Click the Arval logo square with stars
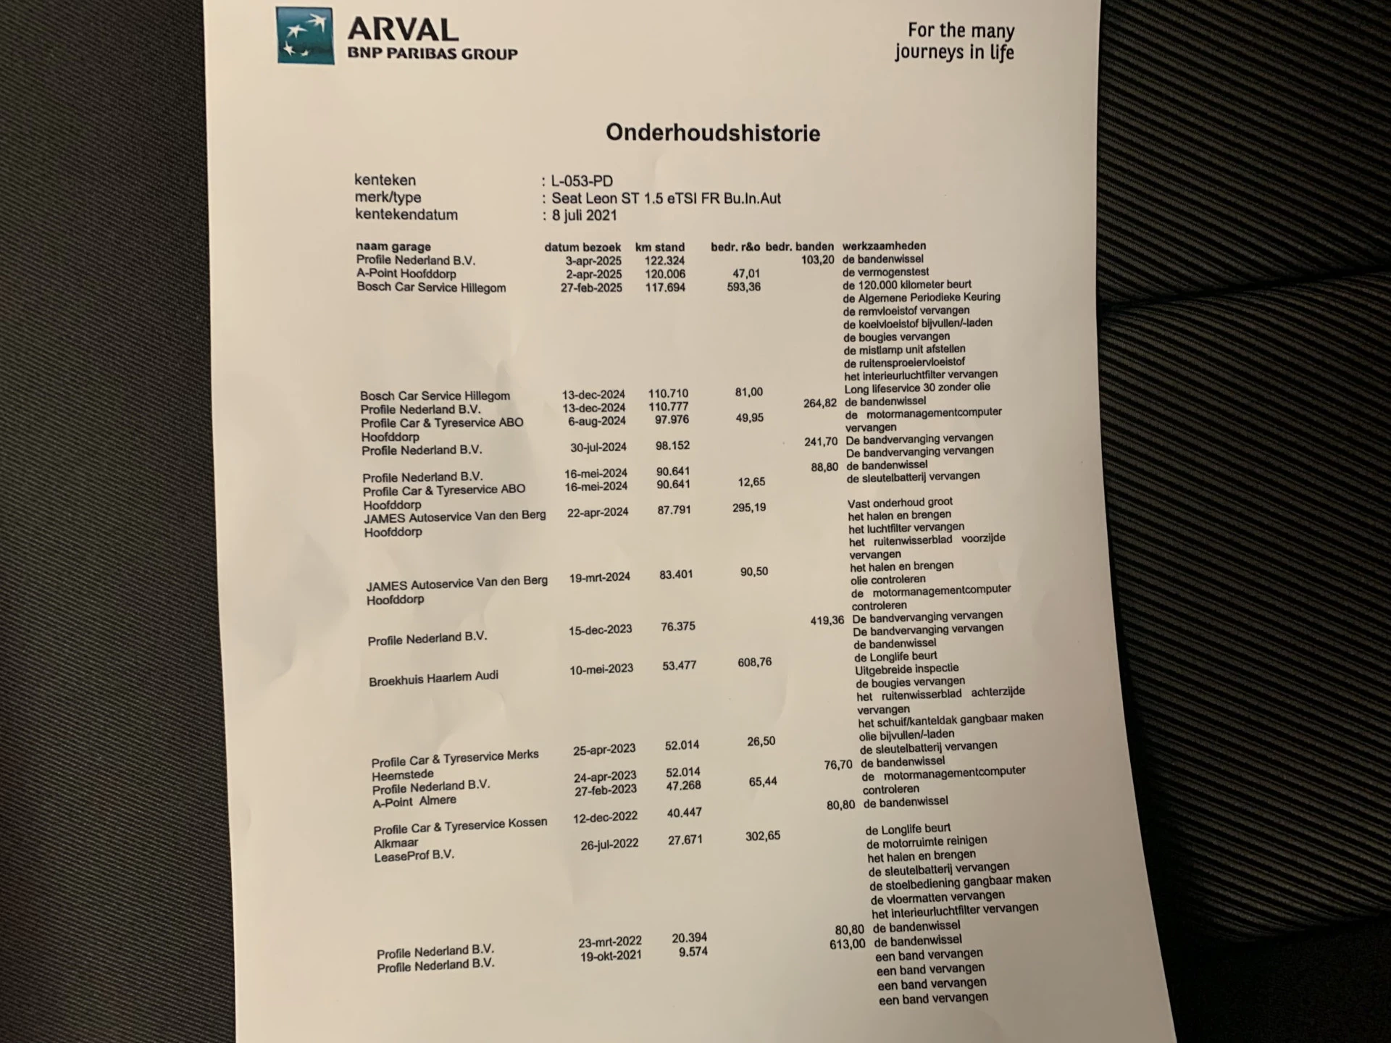click(x=305, y=35)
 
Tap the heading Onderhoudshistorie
click(x=713, y=133)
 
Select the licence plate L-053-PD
click(x=582, y=181)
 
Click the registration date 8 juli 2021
click(x=584, y=215)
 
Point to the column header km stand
click(x=659, y=247)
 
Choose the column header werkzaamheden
click(x=884, y=246)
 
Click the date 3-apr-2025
click(x=593, y=261)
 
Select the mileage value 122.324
click(x=664, y=261)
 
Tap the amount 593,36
click(x=743, y=287)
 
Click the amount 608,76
click(x=754, y=662)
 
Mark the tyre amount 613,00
click(x=847, y=944)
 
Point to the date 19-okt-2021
click(x=611, y=957)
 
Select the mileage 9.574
click(x=693, y=952)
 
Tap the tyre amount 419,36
click(x=827, y=621)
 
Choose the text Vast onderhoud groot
click(x=900, y=503)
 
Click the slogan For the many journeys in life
click(x=954, y=41)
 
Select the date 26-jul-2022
click(x=609, y=844)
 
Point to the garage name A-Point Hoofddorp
click(x=406, y=274)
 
